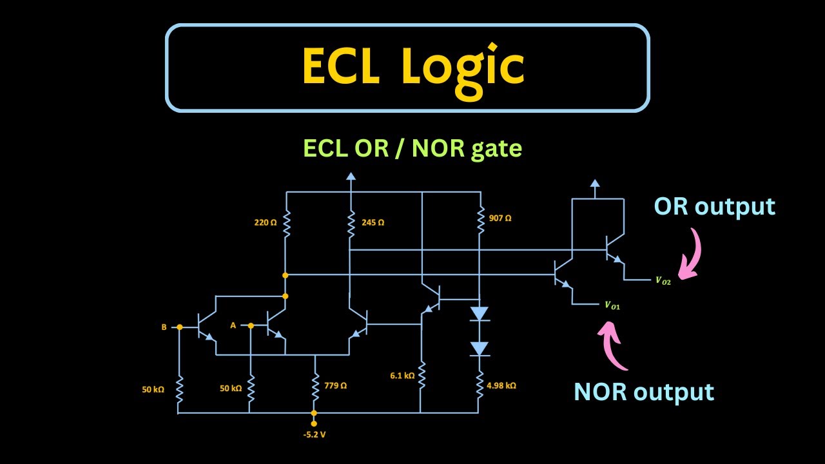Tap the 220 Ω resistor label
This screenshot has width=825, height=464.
pyautogui.click(x=265, y=222)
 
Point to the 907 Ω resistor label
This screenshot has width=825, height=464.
pyautogui.click(x=500, y=218)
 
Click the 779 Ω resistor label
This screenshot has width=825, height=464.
pyautogui.click(x=335, y=386)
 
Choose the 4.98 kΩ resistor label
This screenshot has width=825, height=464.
pyautogui.click(x=501, y=386)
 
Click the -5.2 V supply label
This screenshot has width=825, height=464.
pyautogui.click(x=314, y=434)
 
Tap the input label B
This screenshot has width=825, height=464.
pyautogui.click(x=164, y=327)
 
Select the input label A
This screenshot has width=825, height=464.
pyautogui.click(x=233, y=325)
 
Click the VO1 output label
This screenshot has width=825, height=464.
pyautogui.click(x=612, y=306)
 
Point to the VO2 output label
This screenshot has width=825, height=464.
pyautogui.click(x=663, y=281)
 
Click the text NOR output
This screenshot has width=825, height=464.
pyautogui.click(x=644, y=392)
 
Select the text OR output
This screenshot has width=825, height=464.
pyautogui.click(x=714, y=206)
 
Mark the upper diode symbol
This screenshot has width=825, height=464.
pyautogui.click(x=479, y=314)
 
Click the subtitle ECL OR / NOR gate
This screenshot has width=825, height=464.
pyautogui.click(x=412, y=149)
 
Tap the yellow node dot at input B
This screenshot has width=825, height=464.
pyautogui.click(x=179, y=327)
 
